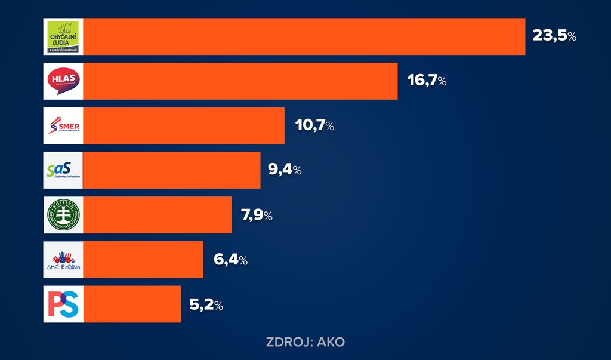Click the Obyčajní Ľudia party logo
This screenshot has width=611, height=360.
(x=63, y=36)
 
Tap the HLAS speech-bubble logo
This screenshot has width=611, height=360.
(x=63, y=81)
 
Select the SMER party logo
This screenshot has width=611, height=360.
(x=63, y=126)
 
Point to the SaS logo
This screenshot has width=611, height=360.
(x=63, y=171)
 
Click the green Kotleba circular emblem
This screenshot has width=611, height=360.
(x=63, y=215)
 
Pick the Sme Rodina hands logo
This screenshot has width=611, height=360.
(x=63, y=260)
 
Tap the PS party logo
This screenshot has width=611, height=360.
(x=63, y=304)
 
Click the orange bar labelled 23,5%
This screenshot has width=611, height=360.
(x=304, y=36)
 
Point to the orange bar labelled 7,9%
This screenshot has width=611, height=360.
(x=158, y=215)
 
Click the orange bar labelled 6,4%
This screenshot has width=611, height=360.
(x=143, y=260)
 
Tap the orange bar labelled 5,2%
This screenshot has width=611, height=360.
(x=132, y=304)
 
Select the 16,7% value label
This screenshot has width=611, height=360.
(x=427, y=81)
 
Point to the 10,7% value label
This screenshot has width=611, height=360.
(x=314, y=126)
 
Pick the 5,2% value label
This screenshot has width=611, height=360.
(x=206, y=304)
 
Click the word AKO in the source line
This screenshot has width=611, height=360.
(x=331, y=343)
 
